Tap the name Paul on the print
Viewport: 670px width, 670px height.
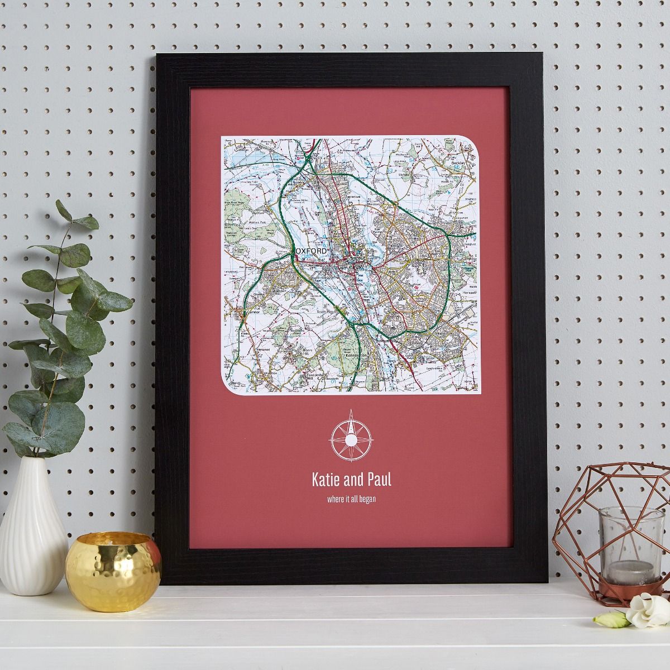click(379, 480)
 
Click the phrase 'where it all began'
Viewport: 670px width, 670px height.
click(351, 499)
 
